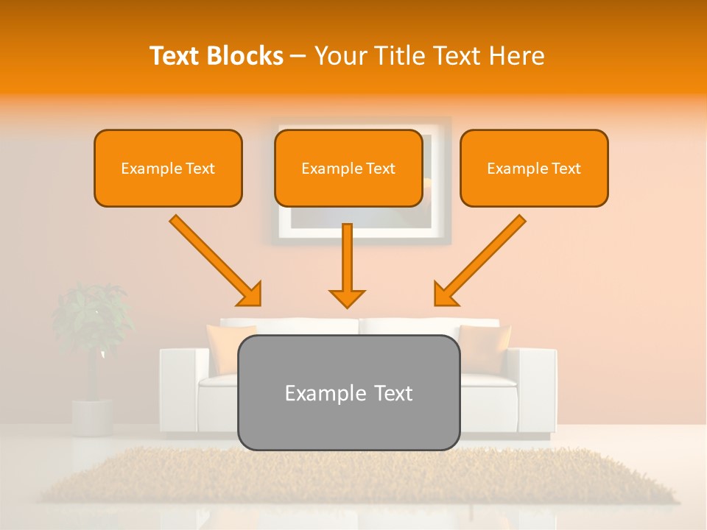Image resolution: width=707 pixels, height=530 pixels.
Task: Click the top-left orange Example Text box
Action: click(x=168, y=168)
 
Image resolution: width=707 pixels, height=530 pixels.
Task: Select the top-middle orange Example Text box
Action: click(x=348, y=168)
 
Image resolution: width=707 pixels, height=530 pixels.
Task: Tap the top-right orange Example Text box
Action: click(x=534, y=168)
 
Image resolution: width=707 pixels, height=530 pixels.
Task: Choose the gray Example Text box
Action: click(x=348, y=392)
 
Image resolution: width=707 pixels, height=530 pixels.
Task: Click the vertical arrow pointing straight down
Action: click(x=347, y=261)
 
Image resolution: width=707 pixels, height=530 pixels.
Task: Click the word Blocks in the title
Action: click(x=246, y=56)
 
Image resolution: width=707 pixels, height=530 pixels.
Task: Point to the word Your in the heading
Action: click(x=342, y=56)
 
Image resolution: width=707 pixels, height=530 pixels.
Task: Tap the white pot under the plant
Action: click(x=92, y=416)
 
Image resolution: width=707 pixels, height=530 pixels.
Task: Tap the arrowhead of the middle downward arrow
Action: click(x=347, y=297)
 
